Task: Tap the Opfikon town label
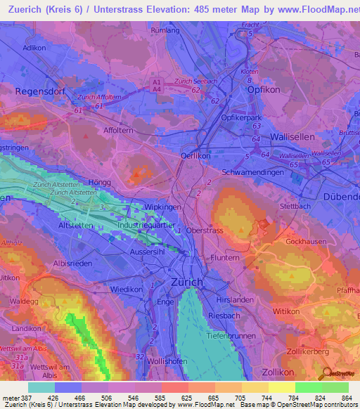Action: click(x=264, y=91)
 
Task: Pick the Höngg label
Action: click(x=100, y=182)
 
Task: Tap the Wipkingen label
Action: click(x=163, y=208)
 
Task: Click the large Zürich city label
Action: click(x=187, y=282)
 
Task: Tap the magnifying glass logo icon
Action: click(x=324, y=373)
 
